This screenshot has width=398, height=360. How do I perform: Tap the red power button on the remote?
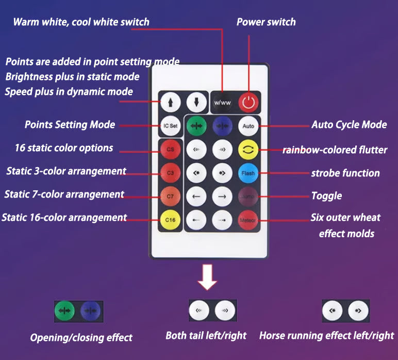(249, 102)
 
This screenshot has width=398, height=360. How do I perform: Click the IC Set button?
(170, 126)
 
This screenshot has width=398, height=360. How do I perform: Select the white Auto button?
(248, 126)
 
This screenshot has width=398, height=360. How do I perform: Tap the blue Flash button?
(248, 173)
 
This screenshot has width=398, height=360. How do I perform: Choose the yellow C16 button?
(170, 220)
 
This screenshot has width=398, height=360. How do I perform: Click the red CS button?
(170, 150)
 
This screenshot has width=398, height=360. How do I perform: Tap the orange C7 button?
(170, 197)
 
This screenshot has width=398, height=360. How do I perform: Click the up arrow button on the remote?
(170, 102)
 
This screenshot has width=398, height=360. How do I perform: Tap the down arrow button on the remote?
(196, 102)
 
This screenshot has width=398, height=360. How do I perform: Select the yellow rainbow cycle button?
(248, 150)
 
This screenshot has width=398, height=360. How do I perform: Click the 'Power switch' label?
(266, 22)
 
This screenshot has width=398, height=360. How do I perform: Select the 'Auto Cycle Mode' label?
(349, 125)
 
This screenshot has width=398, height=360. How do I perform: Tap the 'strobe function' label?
(345, 173)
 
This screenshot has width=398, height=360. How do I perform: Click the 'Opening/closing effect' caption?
(81, 338)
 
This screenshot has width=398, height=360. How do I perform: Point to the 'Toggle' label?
(326, 196)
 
